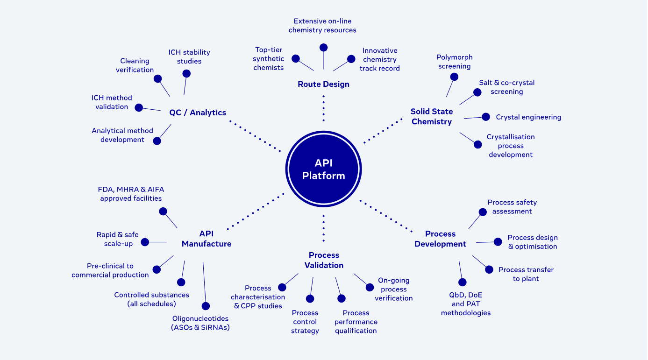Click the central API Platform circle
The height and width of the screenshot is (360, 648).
[x=323, y=169]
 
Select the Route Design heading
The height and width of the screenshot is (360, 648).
[x=323, y=85]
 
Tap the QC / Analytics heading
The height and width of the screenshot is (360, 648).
[x=198, y=113]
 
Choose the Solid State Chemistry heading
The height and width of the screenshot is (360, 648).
[x=432, y=117]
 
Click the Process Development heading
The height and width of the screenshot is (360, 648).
[x=440, y=239]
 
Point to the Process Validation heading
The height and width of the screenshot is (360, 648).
[x=324, y=260]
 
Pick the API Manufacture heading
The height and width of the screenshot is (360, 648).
[x=207, y=239]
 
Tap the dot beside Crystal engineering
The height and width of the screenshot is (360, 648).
[x=486, y=117]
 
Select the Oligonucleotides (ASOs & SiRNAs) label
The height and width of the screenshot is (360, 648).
[x=201, y=323]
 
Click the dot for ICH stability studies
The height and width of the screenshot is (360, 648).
[x=186, y=73]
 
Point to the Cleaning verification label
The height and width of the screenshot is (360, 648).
[x=135, y=65]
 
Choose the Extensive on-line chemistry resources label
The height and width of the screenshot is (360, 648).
[x=322, y=26]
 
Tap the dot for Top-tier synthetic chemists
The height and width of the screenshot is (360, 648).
[x=296, y=59]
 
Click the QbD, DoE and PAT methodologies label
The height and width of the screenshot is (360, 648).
[x=466, y=304]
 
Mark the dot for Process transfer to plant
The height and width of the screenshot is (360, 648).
[x=489, y=269]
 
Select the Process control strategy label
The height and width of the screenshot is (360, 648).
[x=305, y=322]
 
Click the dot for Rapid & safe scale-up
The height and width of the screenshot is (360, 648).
[x=145, y=242]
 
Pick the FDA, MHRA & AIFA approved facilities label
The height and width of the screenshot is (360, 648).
[x=131, y=194]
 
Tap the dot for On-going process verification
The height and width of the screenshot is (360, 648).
[x=370, y=287]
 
